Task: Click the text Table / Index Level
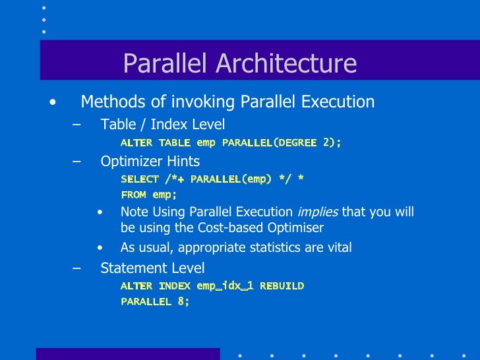pos(162,125)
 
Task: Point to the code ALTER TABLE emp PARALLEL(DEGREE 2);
pos(231,142)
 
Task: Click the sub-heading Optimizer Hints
pos(150,161)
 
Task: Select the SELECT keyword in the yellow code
pos(140,179)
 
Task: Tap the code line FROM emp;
pos(149,195)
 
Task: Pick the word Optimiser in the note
pos(293,228)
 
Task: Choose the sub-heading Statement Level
pos(152,268)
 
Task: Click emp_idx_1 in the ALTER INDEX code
pos(225,285)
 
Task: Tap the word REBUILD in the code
pos(282,285)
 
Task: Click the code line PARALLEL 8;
pos(155,301)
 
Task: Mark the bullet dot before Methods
pos(52,102)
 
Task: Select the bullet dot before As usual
pos(100,248)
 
